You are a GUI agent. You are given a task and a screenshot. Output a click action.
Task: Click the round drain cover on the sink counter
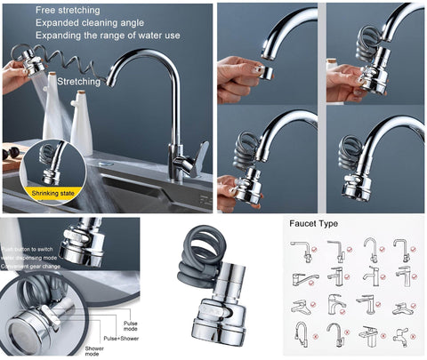point(106,164)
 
